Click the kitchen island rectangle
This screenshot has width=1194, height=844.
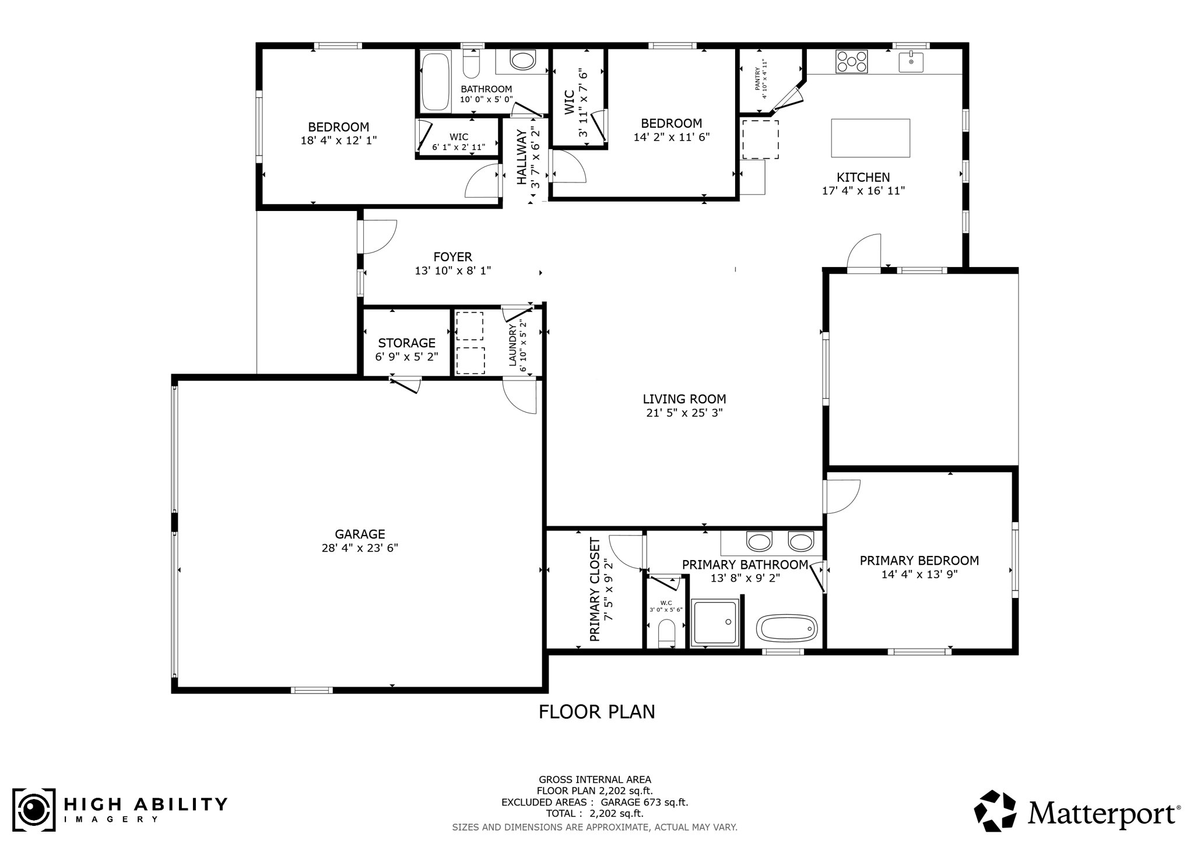[x=870, y=138]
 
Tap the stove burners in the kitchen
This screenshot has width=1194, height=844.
[x=851, y=61]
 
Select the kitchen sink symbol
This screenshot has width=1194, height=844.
[x=911, y=62]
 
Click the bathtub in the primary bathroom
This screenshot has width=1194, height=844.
[x=787, y=629]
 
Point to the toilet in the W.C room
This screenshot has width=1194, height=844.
[x=666, y=633]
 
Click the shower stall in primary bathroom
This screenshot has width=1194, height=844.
[x=715, y=623]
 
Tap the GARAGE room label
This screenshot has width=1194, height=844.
[x=360, y=534]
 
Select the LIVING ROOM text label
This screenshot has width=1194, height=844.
[x=684, y=399]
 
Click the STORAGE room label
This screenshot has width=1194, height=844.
[x=406, y=343]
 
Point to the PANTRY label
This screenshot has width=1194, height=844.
[x=757, y=79]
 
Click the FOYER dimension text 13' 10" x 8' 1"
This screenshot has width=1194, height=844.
[x=452, y=270]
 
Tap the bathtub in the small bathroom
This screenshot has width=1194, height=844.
[x=436, y=81]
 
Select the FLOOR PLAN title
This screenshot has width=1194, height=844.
[x=596, y=712]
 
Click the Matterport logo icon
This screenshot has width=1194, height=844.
[x=995, y=811]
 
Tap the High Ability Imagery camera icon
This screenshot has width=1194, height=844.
[x=34, y=810]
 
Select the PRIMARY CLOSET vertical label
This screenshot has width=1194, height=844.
[x=595, y=590]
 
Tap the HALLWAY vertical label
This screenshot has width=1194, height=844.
[x=521, y=157]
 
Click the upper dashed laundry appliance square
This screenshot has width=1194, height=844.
[x=469, y=326]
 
